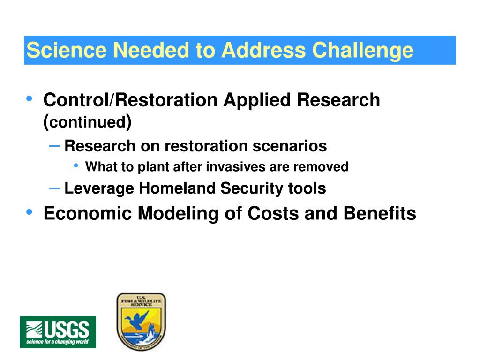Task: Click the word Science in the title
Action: coord(67,50)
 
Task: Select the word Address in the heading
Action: coord(263,50)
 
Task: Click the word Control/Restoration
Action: coord(131,100)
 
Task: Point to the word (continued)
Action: coord(88,122)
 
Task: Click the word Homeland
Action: coord(177,188)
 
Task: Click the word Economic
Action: coord(88,213)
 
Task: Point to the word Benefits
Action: coord(380,213)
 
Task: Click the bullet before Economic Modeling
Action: coord(30,212)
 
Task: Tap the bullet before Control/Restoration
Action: coord(30,98)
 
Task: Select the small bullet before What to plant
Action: coord(76,165)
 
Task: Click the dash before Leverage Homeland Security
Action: coord(54,188)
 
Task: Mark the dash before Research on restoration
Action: coord(54,146)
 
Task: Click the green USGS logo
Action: coord(58,332)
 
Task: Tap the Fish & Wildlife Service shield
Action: coord(141,321)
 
